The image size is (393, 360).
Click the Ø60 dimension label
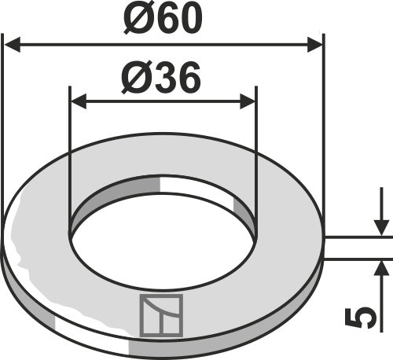[x=163, y=19]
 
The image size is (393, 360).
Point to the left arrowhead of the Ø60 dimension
[x=11, y=45]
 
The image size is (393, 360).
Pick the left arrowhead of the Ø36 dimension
[x=77, y=101]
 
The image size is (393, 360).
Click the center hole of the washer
[x=163, y=244]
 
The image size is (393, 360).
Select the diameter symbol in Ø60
[x=135, y=19]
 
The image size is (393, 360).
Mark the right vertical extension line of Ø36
[x=256, y=157]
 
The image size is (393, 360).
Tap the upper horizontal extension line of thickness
[x=358, y=236]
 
